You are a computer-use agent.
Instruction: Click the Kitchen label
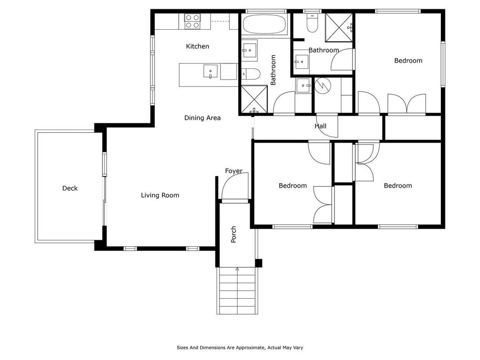click(x=197, y=46)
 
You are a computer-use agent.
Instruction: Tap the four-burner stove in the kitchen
click(x=193, y=22)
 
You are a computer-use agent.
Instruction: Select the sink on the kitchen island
click(x=211, y=72)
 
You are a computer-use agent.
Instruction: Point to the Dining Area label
click(x=202, y=118)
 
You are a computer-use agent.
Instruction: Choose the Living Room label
click(x=160, y=195)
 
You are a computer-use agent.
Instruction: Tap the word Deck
click(x=70, y=188)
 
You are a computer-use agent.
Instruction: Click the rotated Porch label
click(x=233, y=234)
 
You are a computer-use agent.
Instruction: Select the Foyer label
click(x=233, y=171)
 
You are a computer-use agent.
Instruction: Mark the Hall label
click(x=320, y=126)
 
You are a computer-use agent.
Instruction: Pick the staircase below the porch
click(x=237, y=291)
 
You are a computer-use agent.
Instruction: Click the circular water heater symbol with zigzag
click(x=323, y=85)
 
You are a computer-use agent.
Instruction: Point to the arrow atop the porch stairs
click(x=237, y=269)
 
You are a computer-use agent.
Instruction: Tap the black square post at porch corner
click(x=259, y=263)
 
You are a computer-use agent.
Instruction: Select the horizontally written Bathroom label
click(x=323, y=50)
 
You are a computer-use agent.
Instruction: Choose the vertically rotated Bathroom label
click(x=273, y=70)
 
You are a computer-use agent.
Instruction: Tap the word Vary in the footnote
click(x=298, y=347)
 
